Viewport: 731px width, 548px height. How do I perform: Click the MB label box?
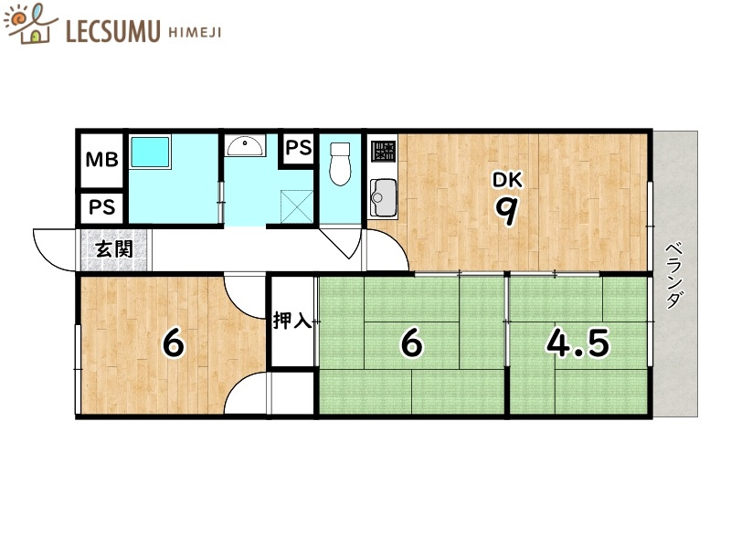click(x=101, y=160)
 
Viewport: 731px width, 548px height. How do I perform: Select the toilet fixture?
click(x=341, y=164)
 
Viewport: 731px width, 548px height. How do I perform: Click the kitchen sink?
click(x=383, y=194)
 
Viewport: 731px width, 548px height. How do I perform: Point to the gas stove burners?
click(x=382, y=149)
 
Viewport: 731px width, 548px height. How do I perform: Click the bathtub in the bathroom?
click(x=150, y=152)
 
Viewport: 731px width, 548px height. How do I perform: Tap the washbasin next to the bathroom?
click(x=245, y=146)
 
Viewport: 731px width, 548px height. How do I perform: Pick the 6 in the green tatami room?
click(x=412, y=343)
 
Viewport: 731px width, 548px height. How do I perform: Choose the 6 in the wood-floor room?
click(x=173, y=343)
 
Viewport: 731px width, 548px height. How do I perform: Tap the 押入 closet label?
click(x=292, y=321)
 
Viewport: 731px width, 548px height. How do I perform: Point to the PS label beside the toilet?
click(x=299, y=146)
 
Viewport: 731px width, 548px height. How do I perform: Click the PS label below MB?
click(x=101, y=207)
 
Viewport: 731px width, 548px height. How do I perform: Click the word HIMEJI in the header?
click(x=194, y=33)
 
